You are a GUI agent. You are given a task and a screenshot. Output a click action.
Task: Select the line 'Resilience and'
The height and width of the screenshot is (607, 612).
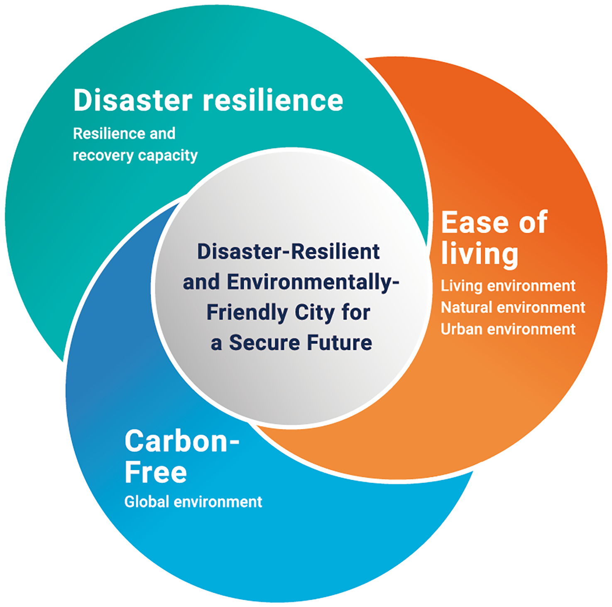tap(124, 134)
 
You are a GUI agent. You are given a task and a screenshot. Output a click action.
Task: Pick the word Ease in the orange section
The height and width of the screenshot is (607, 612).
tap(475, 222)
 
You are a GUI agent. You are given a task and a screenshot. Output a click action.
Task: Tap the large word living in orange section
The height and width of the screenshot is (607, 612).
tap(480, 253)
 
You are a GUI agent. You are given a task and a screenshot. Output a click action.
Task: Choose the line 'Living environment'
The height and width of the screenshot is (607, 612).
tap(508, 286)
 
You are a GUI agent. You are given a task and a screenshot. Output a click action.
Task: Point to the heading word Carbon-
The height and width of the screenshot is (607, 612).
tap(182, 442)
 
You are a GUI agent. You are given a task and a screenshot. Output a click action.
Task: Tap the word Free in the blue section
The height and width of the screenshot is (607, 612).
tap(156, 472)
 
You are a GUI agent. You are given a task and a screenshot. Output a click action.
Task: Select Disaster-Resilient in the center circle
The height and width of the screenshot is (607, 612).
tap(288, 252)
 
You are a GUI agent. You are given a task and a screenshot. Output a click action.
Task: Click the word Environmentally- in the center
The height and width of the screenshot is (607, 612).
tap(313, 282)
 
